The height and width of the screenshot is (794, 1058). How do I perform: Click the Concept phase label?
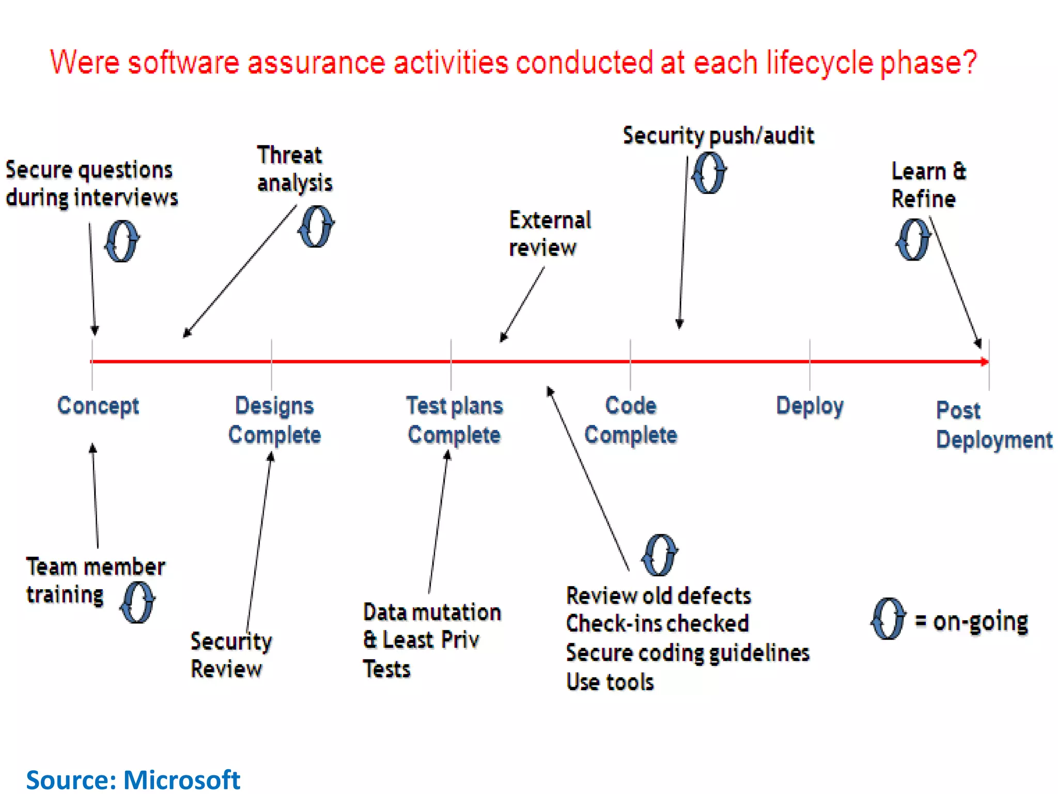pyautogui.click(x=98, y=406)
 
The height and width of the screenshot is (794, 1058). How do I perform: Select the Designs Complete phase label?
pyautogui.click(x=274, y=420)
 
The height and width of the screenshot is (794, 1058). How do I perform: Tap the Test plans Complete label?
pyautogui.click(x=454, y=420)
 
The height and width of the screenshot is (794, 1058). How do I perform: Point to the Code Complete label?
pyautogui.click(x=631, y=420)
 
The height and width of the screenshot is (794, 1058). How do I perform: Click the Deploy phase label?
pyautogui.click(x=810, y=406)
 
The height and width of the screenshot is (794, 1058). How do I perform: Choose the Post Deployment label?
pyautogui.click(x=993, y=425)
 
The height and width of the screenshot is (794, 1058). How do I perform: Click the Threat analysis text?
pyautogui.click(x=294, y=169)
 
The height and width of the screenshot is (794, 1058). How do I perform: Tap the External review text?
pyautogui.click(x=550, y=234)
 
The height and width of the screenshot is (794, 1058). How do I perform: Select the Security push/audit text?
pyautogui.click(x=718, y=135)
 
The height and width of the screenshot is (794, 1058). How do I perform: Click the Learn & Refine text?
pyautogui.click(x=928, y=185)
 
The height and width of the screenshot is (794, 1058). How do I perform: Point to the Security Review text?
pyautogui.click(x=231, y=655)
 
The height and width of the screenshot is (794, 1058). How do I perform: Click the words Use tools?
pyautogui.click(x=610, y=682)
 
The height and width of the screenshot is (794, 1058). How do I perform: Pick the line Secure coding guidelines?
pyautogui.click(x=688, y=653)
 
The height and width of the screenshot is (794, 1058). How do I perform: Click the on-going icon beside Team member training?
pyautogui.click(x=137, y=602)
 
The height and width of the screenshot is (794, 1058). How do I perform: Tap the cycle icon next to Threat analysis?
pyautogui.click(x=316, y=226)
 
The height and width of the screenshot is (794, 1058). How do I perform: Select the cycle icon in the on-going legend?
pyautogui.click(x=888, y=619)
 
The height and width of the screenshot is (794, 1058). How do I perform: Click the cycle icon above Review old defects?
pyautogui.click(x=660, y=555)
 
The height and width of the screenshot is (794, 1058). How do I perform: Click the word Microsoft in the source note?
pyautogui.click(x=182, y=780)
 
